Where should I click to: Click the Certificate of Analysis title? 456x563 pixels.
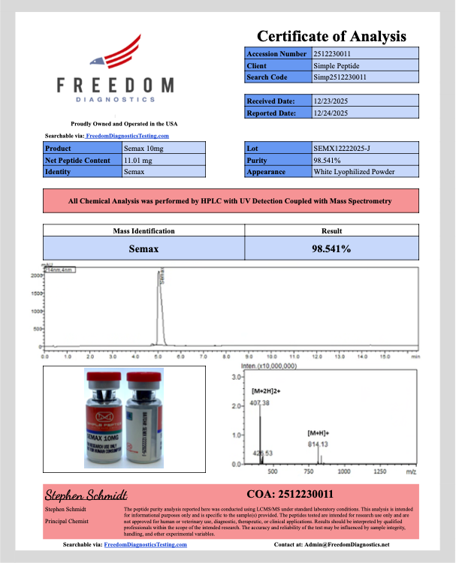click(331, 36)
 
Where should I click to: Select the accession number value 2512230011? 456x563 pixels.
click(333, 54)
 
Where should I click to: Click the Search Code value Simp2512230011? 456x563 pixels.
click(340, 77)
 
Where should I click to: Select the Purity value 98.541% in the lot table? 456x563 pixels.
click(328, 161)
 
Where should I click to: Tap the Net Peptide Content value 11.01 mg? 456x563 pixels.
click(138, 161)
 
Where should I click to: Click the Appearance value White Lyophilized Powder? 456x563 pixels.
click(354, 172)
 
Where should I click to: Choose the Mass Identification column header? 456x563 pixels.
click(143, 231)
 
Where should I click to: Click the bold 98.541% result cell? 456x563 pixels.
click(331, 248)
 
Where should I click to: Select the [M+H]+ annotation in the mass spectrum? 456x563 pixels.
click(319, 433)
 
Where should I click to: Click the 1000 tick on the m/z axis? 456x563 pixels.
click(344, 472)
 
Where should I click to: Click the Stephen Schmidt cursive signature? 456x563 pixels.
click(86, 494)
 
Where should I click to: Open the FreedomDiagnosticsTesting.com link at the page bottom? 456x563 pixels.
click(145, 543)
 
